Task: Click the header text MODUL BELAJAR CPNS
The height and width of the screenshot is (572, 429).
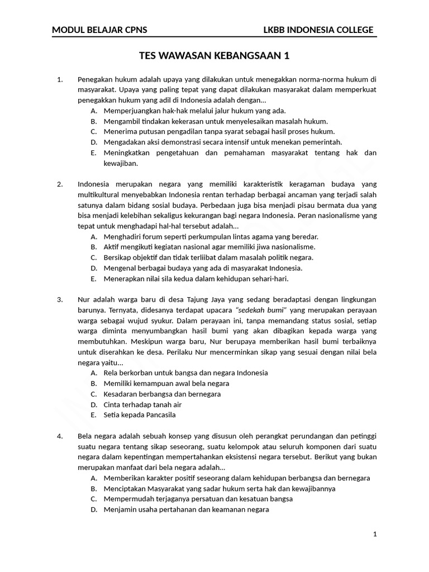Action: tap(99, 30)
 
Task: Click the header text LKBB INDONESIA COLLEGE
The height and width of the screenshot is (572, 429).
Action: tap(318, 30)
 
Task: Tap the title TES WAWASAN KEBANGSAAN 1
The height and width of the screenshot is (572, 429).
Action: tap(214, 56)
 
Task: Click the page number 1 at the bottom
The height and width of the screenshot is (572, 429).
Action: tap(375, 535)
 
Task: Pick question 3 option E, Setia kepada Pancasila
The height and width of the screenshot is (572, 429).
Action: tap(140, 415)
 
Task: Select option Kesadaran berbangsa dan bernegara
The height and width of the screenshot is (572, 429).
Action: tap(162, 394)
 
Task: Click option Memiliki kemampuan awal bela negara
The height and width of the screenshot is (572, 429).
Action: tap(166, 383)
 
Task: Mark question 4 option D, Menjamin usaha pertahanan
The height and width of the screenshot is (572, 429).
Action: tap(186, 509)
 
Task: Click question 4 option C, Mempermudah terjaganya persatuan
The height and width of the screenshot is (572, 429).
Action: tap(198, 499)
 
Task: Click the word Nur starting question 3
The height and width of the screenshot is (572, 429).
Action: tap(84, 299)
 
